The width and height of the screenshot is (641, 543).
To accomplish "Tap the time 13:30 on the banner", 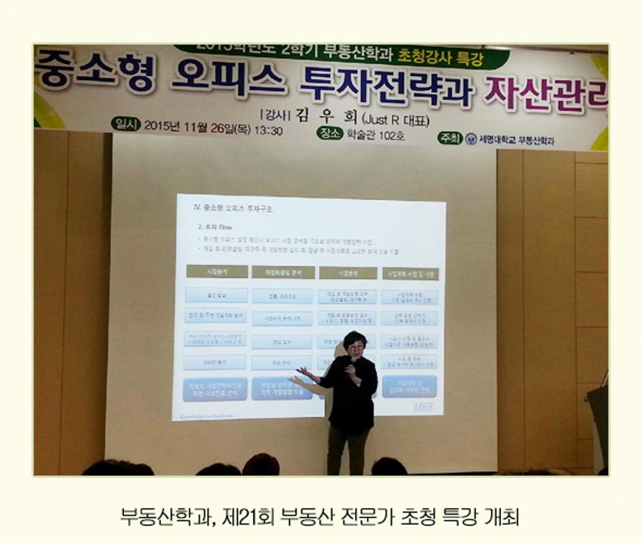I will click(x=268, y=130).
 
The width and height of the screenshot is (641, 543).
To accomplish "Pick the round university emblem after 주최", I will click(x=472, y=139).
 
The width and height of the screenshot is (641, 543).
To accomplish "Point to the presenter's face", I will click(x=354, y=345).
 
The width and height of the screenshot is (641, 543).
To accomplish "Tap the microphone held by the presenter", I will click(x=350, y=362).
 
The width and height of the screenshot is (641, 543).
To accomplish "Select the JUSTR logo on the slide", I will click(x=423, y=406).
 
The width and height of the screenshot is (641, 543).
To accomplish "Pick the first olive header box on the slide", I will click(x=216, y=271).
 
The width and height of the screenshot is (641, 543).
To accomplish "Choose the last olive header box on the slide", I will click(x=410, y=274).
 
